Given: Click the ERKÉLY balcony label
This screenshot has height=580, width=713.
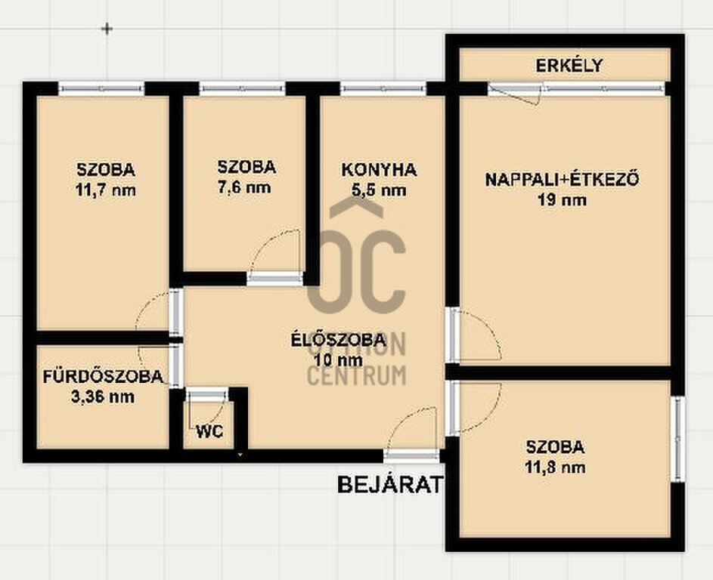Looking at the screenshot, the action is click(569, 66).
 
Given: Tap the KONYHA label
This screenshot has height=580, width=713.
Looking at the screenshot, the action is click(379, 170).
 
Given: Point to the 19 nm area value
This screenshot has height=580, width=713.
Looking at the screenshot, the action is click(562, 199).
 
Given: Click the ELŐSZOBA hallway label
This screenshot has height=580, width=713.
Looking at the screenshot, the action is click(339, 339).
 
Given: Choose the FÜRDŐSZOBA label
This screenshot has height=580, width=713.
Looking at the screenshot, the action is click(104, 376).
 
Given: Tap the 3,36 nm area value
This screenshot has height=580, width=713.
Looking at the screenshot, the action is click(103, 396).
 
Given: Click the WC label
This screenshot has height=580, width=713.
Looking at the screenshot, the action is click(209, 431).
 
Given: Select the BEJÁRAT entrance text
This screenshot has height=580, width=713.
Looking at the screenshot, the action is click(389, 485).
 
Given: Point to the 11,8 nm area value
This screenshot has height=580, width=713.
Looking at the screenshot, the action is click(555, 467).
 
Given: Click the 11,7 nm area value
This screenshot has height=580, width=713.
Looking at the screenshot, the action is click(106, 190).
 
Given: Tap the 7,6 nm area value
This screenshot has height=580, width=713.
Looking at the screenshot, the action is click(245, 187).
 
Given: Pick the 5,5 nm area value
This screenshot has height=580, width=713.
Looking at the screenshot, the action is click(379, 190).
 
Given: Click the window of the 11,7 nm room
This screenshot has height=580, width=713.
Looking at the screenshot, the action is click(101, 88).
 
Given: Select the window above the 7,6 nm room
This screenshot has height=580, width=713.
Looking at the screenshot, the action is click(243, 88).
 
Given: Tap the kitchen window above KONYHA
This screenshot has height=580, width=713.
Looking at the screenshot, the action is click(383, 88).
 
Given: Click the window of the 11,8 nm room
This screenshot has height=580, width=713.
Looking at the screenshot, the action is click(677, 440).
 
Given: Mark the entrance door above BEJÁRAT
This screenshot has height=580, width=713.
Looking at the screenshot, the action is click(411, 455).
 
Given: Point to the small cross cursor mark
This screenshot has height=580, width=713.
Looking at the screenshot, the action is click(107, 29).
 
